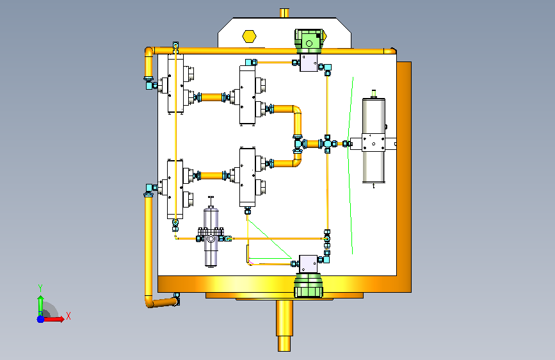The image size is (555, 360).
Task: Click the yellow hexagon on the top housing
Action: (249, 36)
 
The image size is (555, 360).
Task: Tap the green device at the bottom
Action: (309, 285)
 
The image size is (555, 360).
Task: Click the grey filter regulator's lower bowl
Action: (211, 254)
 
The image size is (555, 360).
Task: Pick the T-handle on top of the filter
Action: (211, 201)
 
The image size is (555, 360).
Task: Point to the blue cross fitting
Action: (327, 144)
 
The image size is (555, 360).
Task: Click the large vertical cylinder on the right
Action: (373, 141)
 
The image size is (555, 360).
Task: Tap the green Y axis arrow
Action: (41, 304)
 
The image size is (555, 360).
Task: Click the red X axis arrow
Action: (53, 319)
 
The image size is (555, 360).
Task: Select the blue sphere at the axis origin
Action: (40, 319)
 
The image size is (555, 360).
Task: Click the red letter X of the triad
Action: (68, 316)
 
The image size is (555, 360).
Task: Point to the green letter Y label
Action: (40, 288)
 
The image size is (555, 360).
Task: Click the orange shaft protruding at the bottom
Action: (284, 325)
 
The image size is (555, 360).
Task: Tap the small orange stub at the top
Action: (284, 13)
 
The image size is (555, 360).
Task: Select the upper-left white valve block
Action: (176, 84)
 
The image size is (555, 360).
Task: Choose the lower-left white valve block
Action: (175, 190)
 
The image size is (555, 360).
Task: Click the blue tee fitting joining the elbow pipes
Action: (299, 144)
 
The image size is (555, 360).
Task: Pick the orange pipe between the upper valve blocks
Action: (211, 97)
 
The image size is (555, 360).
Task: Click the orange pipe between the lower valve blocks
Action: (211, 176)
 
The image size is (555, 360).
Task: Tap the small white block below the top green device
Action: (309, 63)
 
